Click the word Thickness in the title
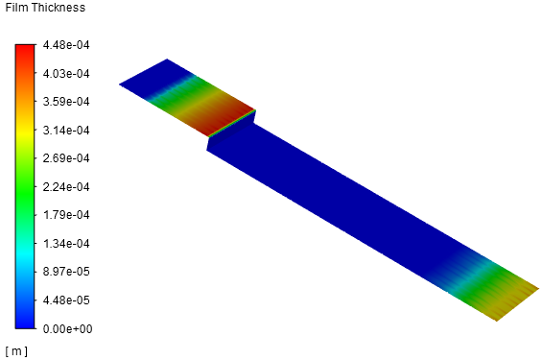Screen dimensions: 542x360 tap(56, 8)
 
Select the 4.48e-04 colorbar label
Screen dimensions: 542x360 tap(66, 45)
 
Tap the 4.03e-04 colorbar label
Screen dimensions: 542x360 tap(66, 73)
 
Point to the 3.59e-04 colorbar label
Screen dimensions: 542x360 tap(66, 102)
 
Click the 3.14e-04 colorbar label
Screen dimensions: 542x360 tap(66, 130)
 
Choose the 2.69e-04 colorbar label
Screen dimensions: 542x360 tap(66, 158)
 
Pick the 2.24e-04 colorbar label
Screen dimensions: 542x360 tap(66, 187)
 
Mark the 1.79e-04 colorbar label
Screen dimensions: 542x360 tap(66, 215)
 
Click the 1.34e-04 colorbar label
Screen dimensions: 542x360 tap(66, 244)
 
